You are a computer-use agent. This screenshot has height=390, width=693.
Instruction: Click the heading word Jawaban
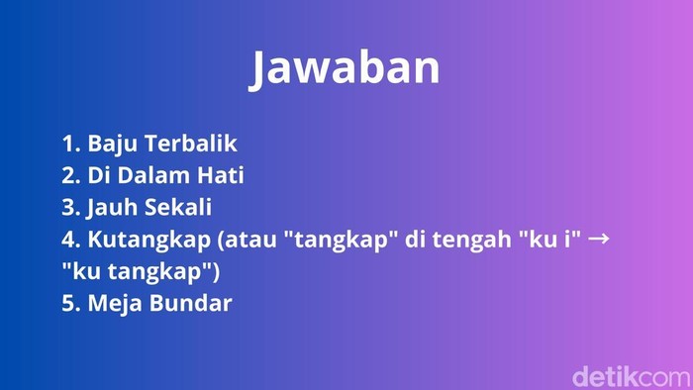345,68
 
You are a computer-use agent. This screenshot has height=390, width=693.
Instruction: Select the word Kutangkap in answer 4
141,240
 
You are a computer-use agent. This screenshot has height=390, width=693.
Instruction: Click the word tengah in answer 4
473,240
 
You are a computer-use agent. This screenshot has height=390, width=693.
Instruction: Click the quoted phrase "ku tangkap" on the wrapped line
140,271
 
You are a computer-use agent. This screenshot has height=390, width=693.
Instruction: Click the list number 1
68,144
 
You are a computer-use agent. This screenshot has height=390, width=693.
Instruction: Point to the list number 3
69,208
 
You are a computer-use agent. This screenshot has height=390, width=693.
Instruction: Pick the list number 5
69,303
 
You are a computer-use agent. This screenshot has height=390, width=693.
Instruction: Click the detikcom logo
630,375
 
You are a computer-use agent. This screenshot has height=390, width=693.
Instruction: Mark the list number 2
69,175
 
